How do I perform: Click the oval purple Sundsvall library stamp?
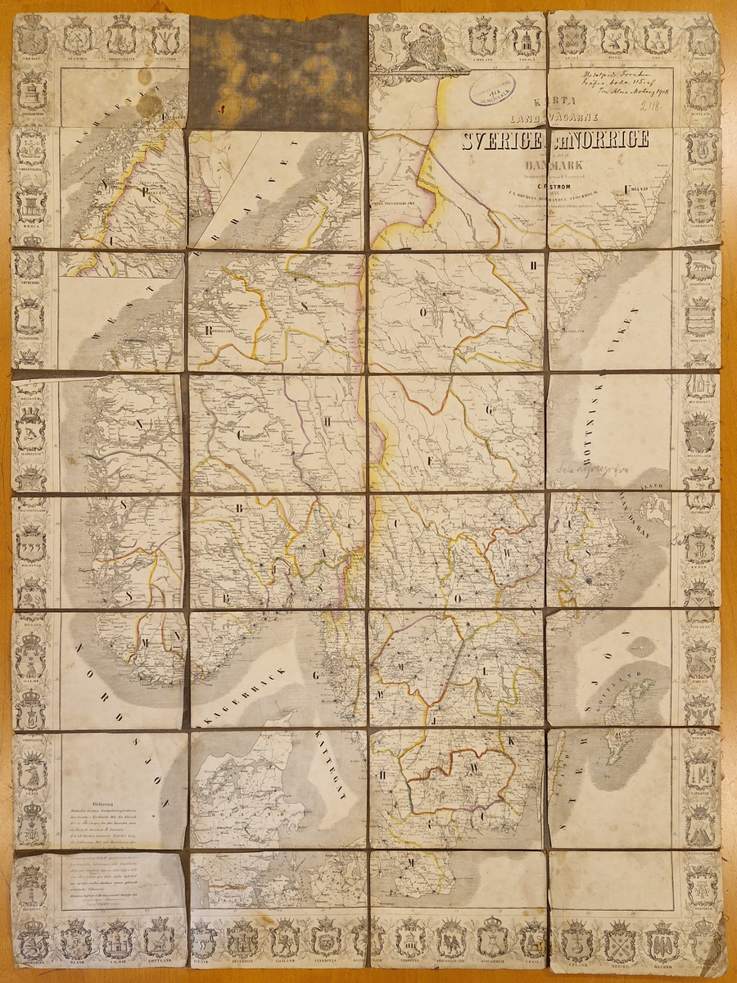(x=491, y=87)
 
